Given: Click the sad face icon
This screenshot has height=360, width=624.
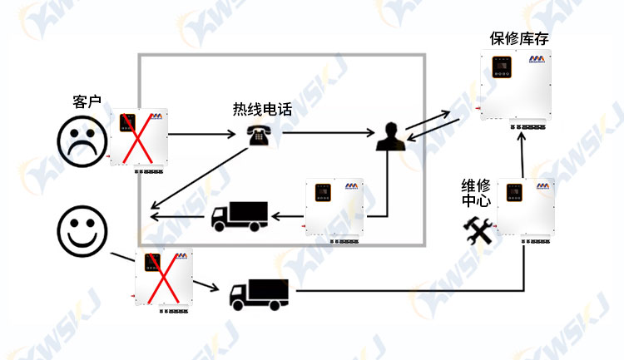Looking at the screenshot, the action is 82,141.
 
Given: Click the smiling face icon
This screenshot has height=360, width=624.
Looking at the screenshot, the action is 82,231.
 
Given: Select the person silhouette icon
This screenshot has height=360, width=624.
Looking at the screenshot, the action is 391,136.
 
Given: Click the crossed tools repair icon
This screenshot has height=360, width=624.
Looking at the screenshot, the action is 478,230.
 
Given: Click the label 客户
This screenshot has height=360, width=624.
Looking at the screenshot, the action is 87,101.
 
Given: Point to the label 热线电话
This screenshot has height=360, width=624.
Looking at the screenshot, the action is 262,109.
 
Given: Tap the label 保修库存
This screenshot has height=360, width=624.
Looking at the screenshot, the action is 519,38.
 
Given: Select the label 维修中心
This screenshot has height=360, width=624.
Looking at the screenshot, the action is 476,193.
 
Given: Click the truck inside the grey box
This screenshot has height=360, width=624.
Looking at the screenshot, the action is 239,216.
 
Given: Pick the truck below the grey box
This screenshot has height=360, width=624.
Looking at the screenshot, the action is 259,295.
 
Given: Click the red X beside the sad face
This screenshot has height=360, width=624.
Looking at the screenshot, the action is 137,138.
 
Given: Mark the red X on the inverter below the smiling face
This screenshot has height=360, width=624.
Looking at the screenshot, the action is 163,278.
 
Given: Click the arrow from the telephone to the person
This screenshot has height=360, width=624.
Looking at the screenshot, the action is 329,133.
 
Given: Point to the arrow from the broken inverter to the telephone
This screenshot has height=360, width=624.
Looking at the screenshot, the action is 202,134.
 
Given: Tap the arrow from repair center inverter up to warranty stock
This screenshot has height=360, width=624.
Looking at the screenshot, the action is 522,155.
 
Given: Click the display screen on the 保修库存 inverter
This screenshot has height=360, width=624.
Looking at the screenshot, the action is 502,67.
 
